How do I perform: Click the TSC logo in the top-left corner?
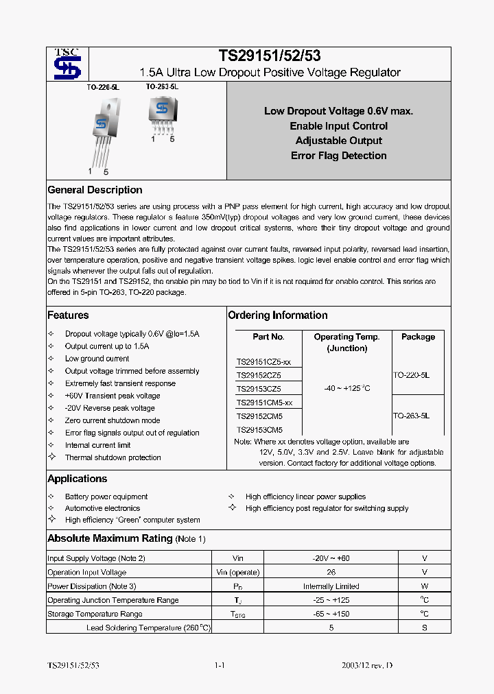67,64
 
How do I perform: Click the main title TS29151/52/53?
270,56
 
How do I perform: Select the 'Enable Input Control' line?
338,126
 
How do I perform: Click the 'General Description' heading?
95,190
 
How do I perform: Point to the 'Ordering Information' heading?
277,315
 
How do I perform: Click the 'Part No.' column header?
268,337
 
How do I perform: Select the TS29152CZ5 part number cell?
259,375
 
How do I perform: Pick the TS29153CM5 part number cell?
259,430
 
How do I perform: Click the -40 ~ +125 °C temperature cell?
346,389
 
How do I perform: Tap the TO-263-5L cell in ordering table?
412,416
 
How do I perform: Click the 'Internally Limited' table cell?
331,586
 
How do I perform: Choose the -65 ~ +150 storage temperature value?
331,614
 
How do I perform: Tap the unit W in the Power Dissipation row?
425,586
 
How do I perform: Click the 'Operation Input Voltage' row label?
86,572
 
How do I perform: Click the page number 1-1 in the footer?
220,666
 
